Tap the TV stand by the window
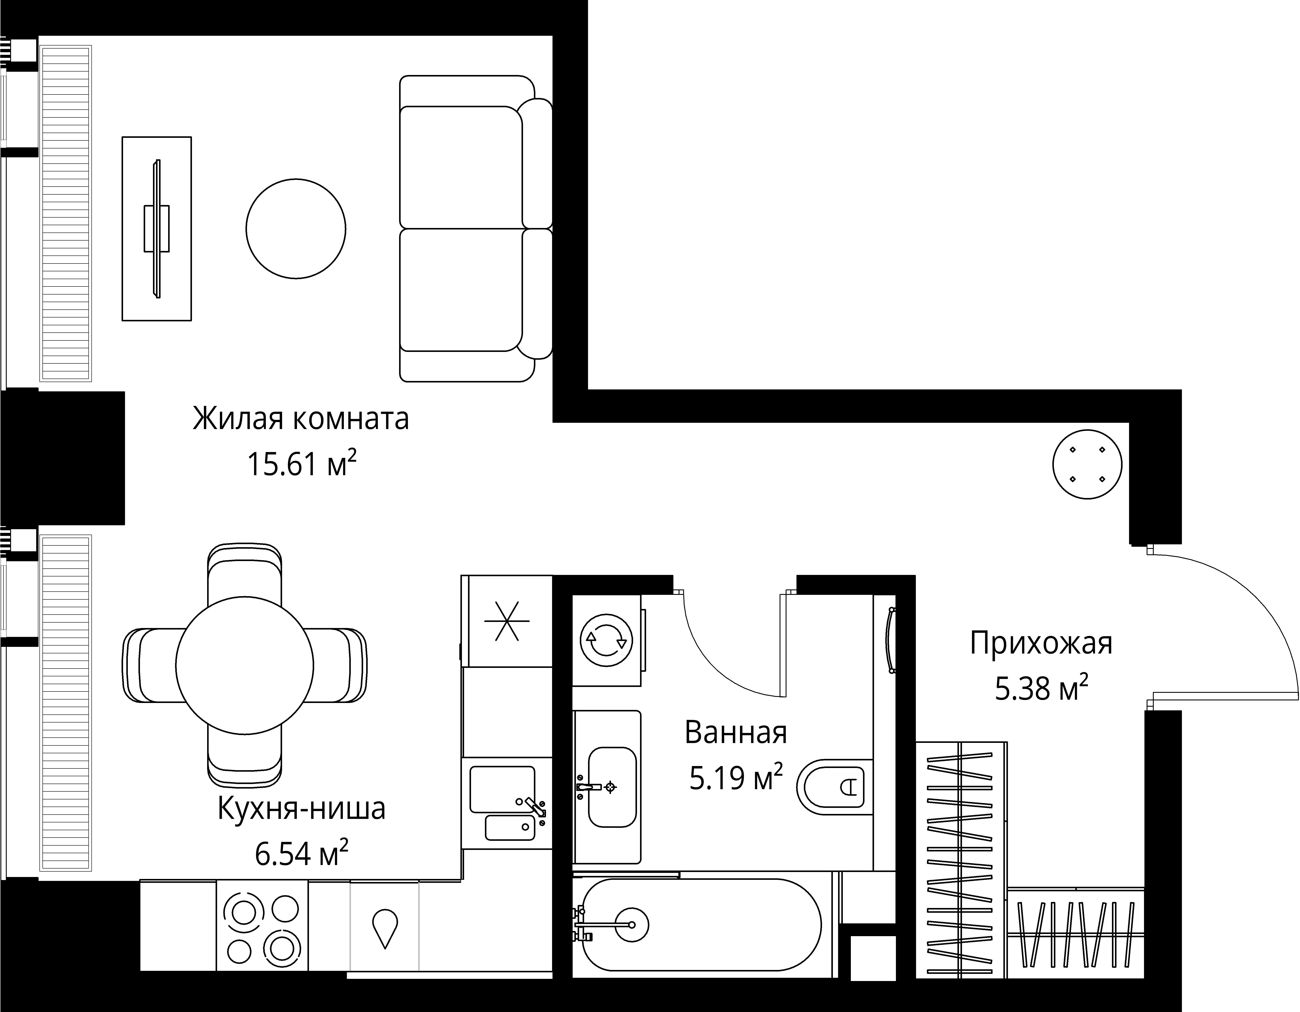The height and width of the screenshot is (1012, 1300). [157, 229]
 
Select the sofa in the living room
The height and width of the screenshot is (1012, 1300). [470, 229]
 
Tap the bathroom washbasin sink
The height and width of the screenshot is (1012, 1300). [612, 787]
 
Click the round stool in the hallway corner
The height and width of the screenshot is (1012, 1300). [1087, 464]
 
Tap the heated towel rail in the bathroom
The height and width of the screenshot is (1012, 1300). [891, 640]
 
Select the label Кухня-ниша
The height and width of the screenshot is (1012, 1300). [302, 809]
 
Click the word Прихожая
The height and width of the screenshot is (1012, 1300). [1041, 644]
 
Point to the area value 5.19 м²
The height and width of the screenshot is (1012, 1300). [736, 778]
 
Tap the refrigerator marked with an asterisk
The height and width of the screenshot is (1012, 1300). [507, 621]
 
